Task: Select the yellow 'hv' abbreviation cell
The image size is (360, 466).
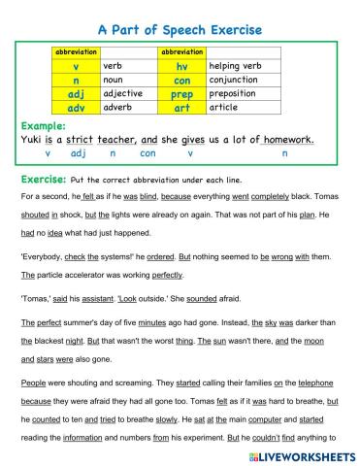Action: pos(181,66)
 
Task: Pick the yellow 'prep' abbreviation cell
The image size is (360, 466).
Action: pos(182,94)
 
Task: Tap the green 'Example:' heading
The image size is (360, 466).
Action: pos(45,126)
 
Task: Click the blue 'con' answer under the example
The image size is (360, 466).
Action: pos(147,153)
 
